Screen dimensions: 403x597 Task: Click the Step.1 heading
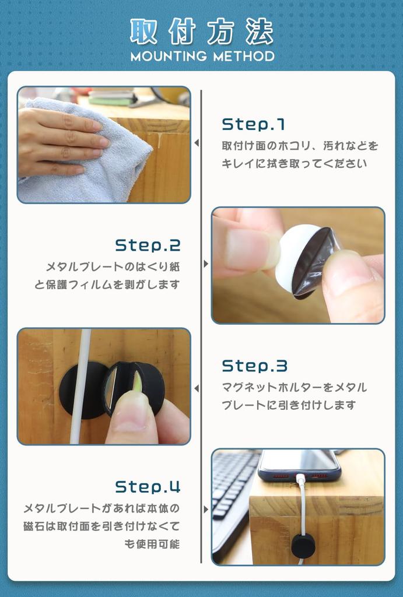click(253, 125)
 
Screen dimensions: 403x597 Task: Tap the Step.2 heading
click(148, 245)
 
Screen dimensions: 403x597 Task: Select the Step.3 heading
click(254, 366)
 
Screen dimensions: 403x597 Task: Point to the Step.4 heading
click(148, 487)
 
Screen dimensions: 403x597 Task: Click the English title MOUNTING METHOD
click(202, 57)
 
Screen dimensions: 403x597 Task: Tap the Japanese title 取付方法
click(202, 31)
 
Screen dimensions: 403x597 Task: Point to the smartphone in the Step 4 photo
click(299, 465)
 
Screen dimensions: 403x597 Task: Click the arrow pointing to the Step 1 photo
click(197, 143)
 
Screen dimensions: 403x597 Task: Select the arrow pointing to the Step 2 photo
click(206, 264)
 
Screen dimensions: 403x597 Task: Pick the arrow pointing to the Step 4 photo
click(206, 509)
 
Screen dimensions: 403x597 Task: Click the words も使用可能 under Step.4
click(152, 544)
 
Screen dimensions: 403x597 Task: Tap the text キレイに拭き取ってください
click(294, 163)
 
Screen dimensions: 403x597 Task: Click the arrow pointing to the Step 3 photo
click(197, 388)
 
